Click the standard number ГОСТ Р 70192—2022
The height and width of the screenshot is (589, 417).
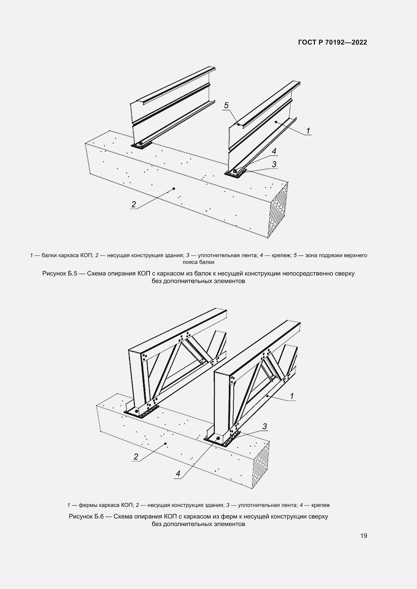click(x=333, y=42)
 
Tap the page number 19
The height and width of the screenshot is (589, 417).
click(x=364, y=536)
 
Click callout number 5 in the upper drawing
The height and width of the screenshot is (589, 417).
click(x=226, y=105)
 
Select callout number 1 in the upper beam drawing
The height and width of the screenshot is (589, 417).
click(x=308, y=131)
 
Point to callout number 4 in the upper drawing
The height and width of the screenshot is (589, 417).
click(x=274, y=151)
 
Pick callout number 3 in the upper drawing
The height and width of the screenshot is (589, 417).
click(x=274, y=164)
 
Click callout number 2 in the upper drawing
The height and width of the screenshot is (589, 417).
click(x=134, y=204)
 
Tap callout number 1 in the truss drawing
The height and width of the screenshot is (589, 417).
click(x=292, y=396)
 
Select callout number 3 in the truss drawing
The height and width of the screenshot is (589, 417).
click(x=265, y=426)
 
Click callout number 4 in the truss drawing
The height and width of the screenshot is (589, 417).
click(x=178, y=474)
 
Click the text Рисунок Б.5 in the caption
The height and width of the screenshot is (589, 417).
click(x=59, y=273)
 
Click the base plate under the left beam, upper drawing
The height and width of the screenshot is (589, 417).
click(x=141, y=146)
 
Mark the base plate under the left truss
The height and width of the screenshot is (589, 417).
click(x=141, y=412)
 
